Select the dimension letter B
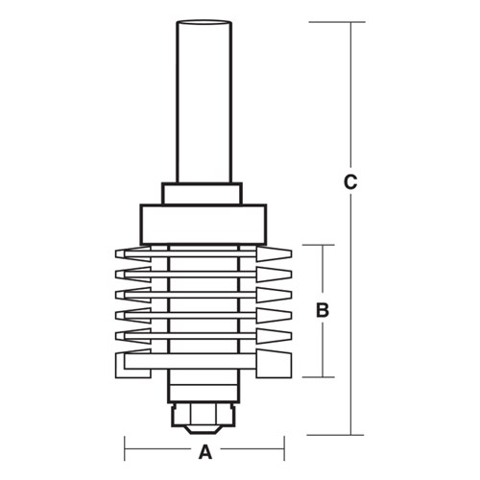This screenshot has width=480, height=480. (x=323, y=311)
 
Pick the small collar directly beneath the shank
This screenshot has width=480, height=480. (x=201, y=193)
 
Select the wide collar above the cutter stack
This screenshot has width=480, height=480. (x=201, y=222)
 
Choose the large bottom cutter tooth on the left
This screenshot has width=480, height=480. (x=132, y=365)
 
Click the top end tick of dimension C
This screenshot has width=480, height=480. (x=352, y=21)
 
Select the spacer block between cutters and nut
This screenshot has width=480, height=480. (x=201, y=389)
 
